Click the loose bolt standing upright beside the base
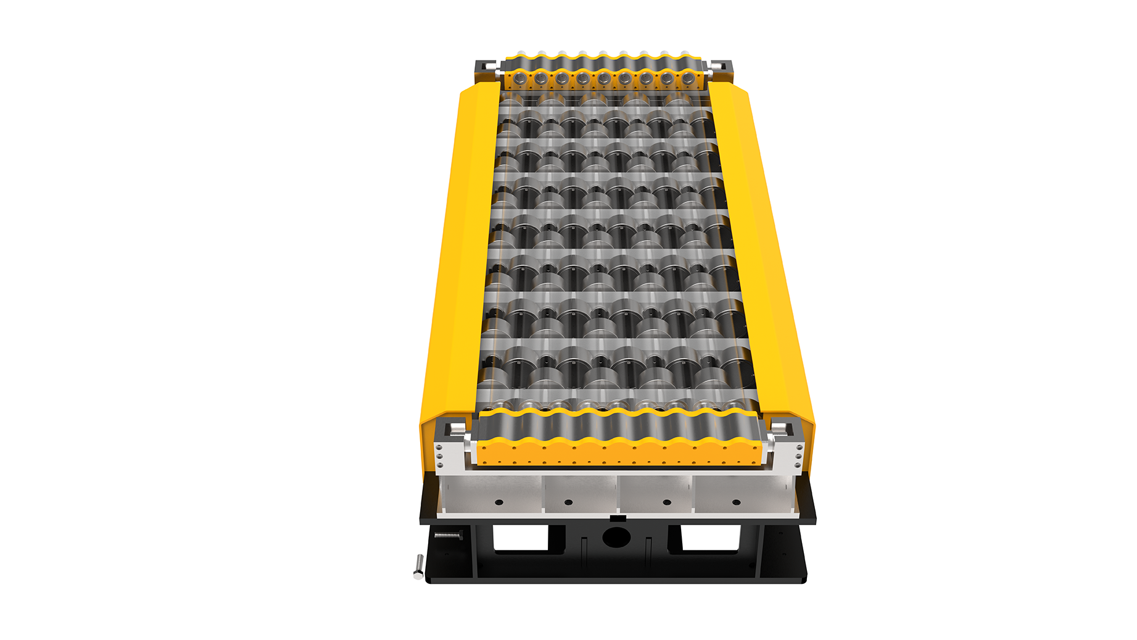tap(418, 567)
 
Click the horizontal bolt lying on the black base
tap(448, 535)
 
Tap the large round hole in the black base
tap(616, 536)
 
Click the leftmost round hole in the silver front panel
tap(498, 502)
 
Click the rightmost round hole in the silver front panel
tap(735, 502)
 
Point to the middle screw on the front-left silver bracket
tap(439, 457)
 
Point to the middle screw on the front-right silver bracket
tap(798, 457)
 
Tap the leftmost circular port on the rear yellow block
tap(520, 78)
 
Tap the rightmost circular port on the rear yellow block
tap(688, 78)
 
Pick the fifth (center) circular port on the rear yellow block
tap(604, 78)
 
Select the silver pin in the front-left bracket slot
tap(456, 428)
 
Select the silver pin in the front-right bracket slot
tap(779, 428)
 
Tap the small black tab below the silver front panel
tap(618, 518)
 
